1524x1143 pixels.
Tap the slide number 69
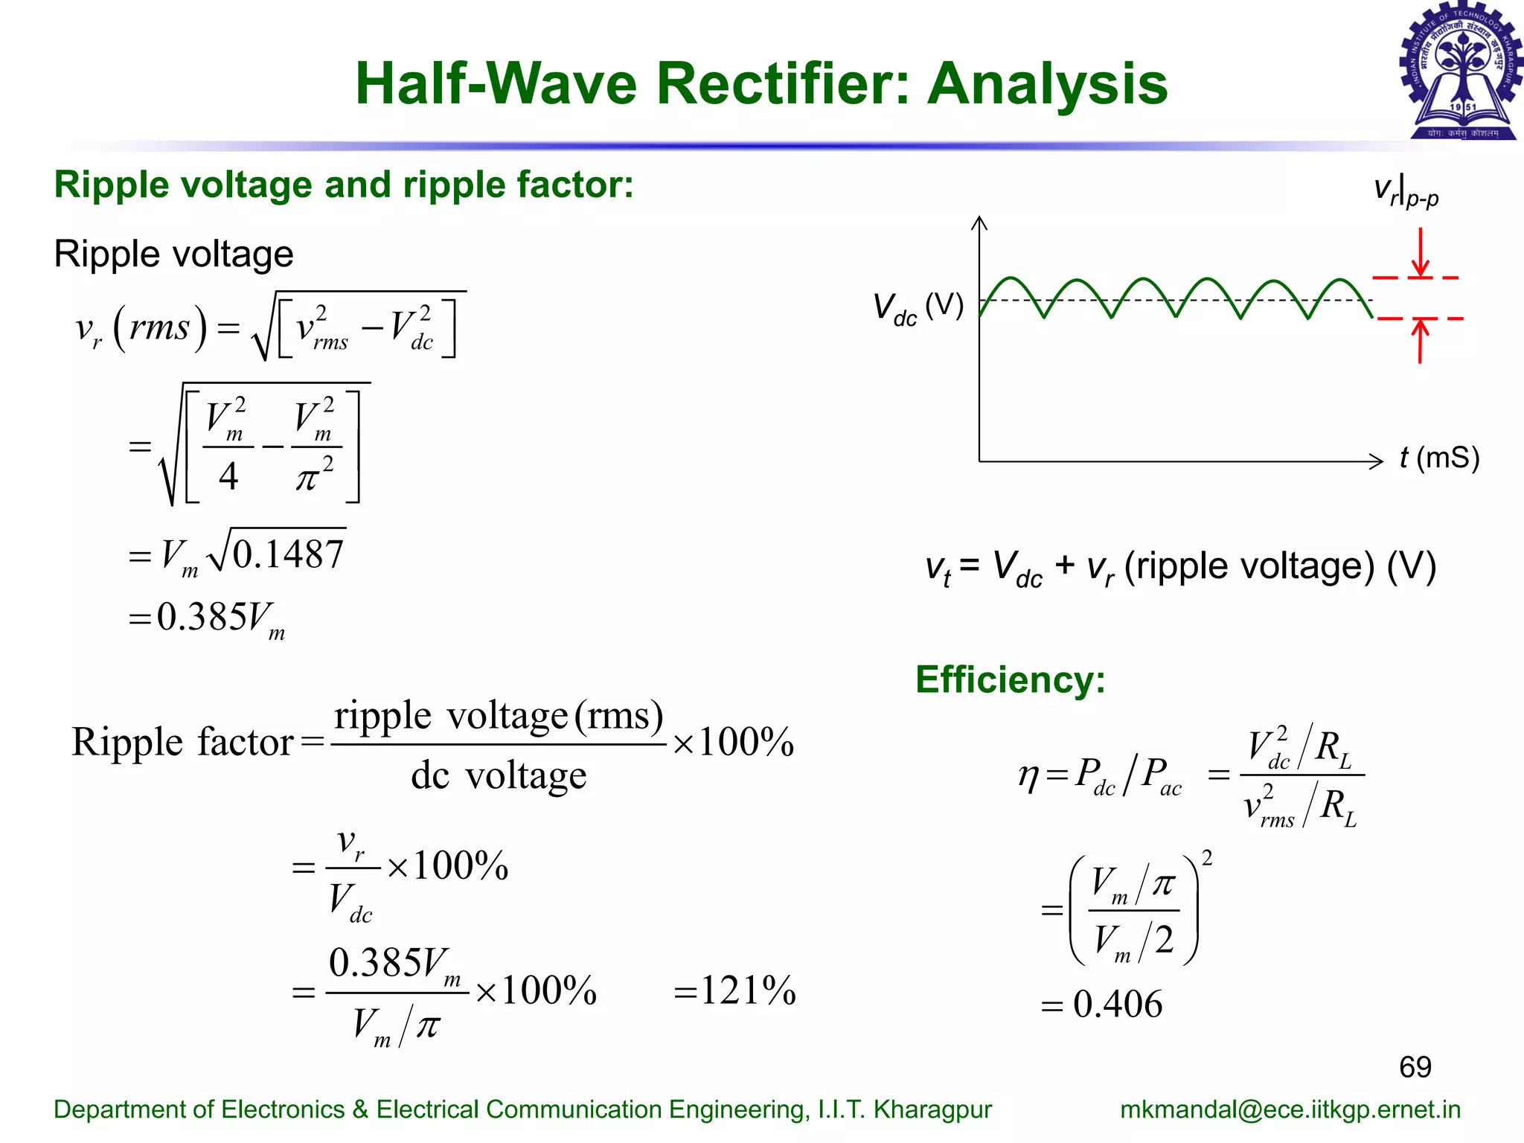click(x=1415, y=1067)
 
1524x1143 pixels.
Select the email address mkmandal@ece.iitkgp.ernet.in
click(x=1290, y=1110)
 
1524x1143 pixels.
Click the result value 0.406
click(x=1117, y=1004)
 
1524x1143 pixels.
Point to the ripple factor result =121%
click(x=735, y=990)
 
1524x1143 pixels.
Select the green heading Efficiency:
click(x=1010, y=679)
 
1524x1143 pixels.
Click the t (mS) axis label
click(x=1439, y=458)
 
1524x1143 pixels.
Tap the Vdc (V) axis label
click(x=918, y=307)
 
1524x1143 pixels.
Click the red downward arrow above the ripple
click(x=1421, y=253)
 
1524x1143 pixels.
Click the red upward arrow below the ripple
click(x=1421, y=341)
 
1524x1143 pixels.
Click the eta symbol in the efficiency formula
click(x=1028, y=776)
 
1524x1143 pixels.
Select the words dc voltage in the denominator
click(x=499, y=775)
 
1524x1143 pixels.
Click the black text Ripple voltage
click(x=173, y=254)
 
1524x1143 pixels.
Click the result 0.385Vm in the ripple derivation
click(x=220, y=618)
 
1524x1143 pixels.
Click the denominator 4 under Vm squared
click(x=228, y=476)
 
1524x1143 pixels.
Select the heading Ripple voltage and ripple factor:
click(x=344, y=185)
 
